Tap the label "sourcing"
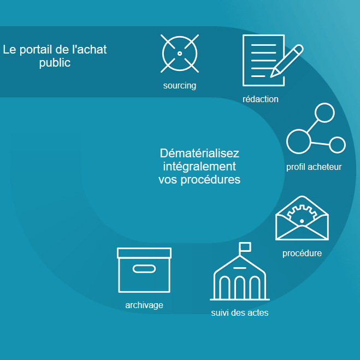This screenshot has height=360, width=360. tap(180, 86)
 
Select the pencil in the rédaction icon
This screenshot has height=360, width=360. tap(287, 61)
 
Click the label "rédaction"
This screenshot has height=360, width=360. tap(261, 99)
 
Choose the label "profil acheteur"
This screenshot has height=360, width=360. tap(314, 167)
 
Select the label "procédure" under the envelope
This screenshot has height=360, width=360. tap(302, 253)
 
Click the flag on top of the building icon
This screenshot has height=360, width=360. tap(245, 247)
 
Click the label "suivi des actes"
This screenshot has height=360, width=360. tap(240, 312)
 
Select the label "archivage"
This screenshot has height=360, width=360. tap(144, 305)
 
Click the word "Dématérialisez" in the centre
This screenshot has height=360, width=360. tap(199, 153)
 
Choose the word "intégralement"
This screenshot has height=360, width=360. tap(199, 167)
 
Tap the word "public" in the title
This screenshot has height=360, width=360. tap(55, 63)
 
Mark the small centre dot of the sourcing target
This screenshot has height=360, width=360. tap(180, 54)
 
